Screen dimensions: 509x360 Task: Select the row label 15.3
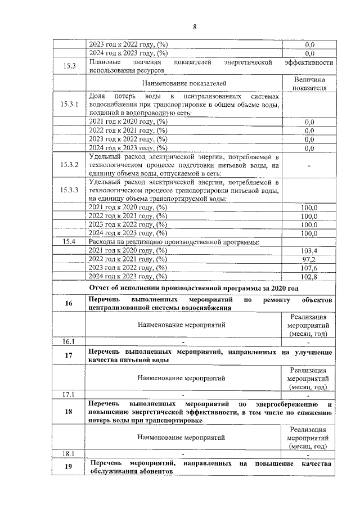point(70,66)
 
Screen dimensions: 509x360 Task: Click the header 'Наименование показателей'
point(183,84)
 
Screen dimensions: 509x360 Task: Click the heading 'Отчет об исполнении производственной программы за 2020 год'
point(193,288)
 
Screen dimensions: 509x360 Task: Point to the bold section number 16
point(69,303)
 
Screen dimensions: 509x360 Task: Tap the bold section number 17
point(69,355)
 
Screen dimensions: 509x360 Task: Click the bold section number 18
point(69,412)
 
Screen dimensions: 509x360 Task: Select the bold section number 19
point(69,467)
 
